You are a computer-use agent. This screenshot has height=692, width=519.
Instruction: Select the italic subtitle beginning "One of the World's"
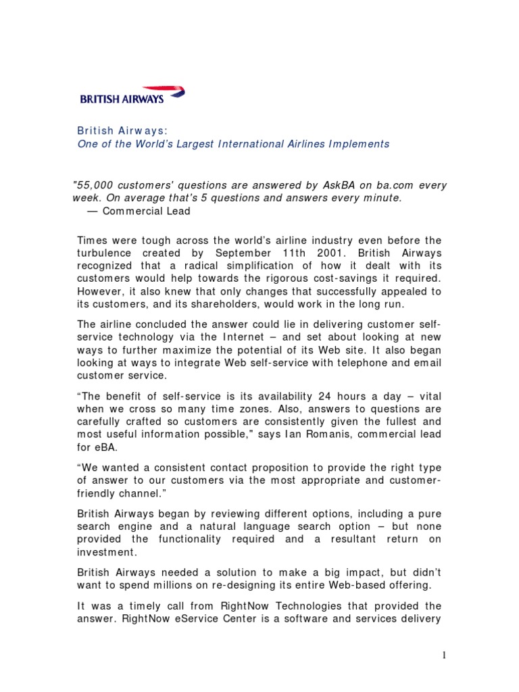(x=232, y=144)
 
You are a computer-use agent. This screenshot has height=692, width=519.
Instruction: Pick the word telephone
(x=348, y=362)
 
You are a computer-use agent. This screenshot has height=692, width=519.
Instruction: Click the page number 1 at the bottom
(x=444, y=655)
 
